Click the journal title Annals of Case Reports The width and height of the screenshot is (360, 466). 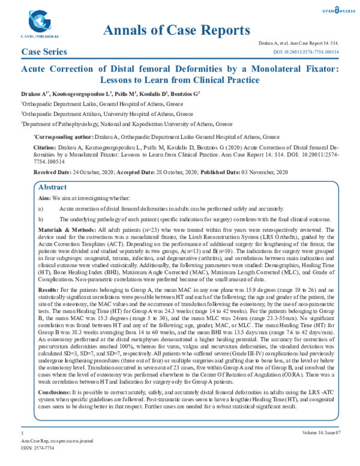(x=176, y=30)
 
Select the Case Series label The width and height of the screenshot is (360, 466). (x=44, y=52)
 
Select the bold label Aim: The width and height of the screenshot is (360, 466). (x=44, y=198)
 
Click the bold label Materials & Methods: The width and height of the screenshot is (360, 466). (x=67, y=230)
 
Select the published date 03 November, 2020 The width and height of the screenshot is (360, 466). (x=260, y=172)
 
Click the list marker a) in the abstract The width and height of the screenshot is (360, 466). (x=41, y=208)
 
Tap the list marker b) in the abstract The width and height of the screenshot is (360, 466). (x=41, y=219)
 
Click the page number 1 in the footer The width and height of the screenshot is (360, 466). (x=22, y=432)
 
